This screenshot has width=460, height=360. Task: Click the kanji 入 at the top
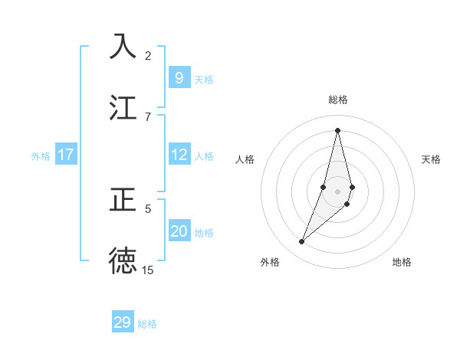click(123, 46)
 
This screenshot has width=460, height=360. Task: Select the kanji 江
click(123, 106)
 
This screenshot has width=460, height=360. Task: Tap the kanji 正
click(123, 198)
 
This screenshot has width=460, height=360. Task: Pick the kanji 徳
click(123, 260)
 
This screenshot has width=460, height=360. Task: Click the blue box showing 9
click(179, 77)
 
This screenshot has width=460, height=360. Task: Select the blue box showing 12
click(179, 155)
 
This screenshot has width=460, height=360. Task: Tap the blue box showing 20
click(179, 231)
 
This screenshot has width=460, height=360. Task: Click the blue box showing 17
click(65, 155)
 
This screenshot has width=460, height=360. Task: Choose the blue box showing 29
click(123, 322)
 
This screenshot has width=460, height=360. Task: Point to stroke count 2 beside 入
click(148, 55)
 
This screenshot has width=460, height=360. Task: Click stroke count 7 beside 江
click(148, 116)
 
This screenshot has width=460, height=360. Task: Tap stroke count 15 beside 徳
click(148, 270)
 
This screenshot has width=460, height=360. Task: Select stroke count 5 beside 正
click(148, 208)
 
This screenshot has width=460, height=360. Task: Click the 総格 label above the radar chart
click(338, 100)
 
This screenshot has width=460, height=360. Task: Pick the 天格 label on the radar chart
click(432, 159)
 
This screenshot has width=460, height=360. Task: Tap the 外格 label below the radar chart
click(270, 262)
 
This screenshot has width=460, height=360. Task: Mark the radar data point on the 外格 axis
click(302, 242)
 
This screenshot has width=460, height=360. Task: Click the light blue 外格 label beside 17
click(41, 155)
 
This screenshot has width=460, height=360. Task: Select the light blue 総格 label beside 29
click(147, 324)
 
